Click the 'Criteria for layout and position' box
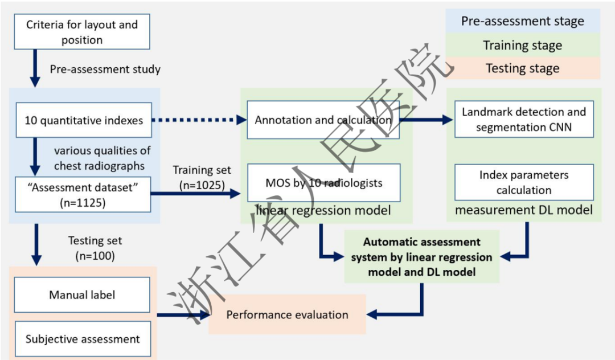pos(82,32)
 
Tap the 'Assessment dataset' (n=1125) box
pos(82,194)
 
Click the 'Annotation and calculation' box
pos(323,120)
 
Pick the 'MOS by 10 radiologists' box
pos(323,183)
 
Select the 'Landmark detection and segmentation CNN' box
pos(524,120)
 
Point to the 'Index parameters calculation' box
pos(524,182)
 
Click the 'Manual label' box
pos(82,295)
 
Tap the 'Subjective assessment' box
pos(82,339)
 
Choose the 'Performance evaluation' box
pos(287,314)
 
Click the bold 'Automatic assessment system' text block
pos(422,257)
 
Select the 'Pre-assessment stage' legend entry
pos(522,22)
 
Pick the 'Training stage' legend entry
pos(522,45)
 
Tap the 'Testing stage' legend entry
pos(522,68)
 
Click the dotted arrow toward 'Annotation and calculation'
pos(199,120)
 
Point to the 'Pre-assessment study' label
pos(105,69)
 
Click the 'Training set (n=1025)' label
pos(202,178)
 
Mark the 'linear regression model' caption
pos(323,211)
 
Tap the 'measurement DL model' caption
pos(524,210)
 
